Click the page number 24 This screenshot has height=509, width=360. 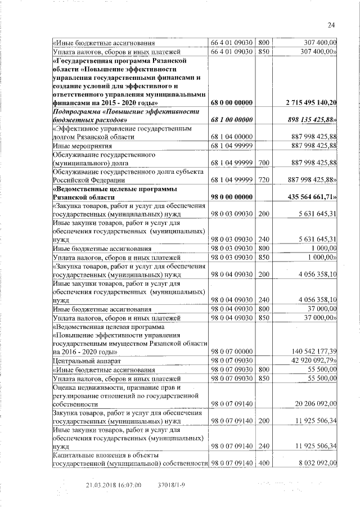[331, 24]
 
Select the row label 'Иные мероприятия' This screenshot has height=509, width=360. [78, 146]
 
